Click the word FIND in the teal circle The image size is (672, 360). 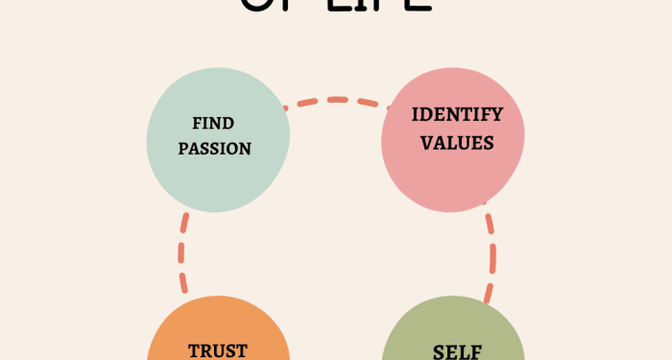(x=212, y=124)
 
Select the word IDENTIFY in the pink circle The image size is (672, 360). (x=457, y=115)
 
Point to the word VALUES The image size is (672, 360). (x=457, y=143)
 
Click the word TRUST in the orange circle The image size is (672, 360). (x=218, y=351)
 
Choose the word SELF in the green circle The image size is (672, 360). (x=452, y=351)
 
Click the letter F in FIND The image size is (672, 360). (x=197, y=124)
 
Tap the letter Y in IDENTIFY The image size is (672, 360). (x=495, y=115)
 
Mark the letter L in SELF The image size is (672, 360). (x=462, y=351)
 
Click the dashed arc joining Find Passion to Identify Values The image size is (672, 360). (x=336, y=99)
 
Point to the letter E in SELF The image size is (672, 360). (x=446, y=351)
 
